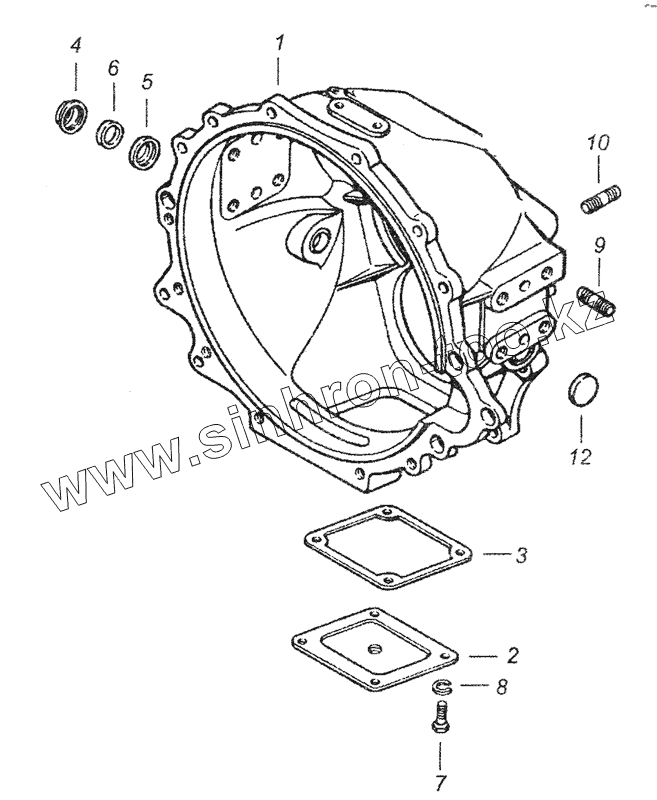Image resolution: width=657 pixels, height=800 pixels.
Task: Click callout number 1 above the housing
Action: (280, 44)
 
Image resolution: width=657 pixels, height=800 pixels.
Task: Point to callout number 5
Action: (147, 81)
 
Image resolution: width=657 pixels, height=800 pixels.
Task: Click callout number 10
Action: (597, 144)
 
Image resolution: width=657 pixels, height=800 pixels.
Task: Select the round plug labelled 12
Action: (582, 388)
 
